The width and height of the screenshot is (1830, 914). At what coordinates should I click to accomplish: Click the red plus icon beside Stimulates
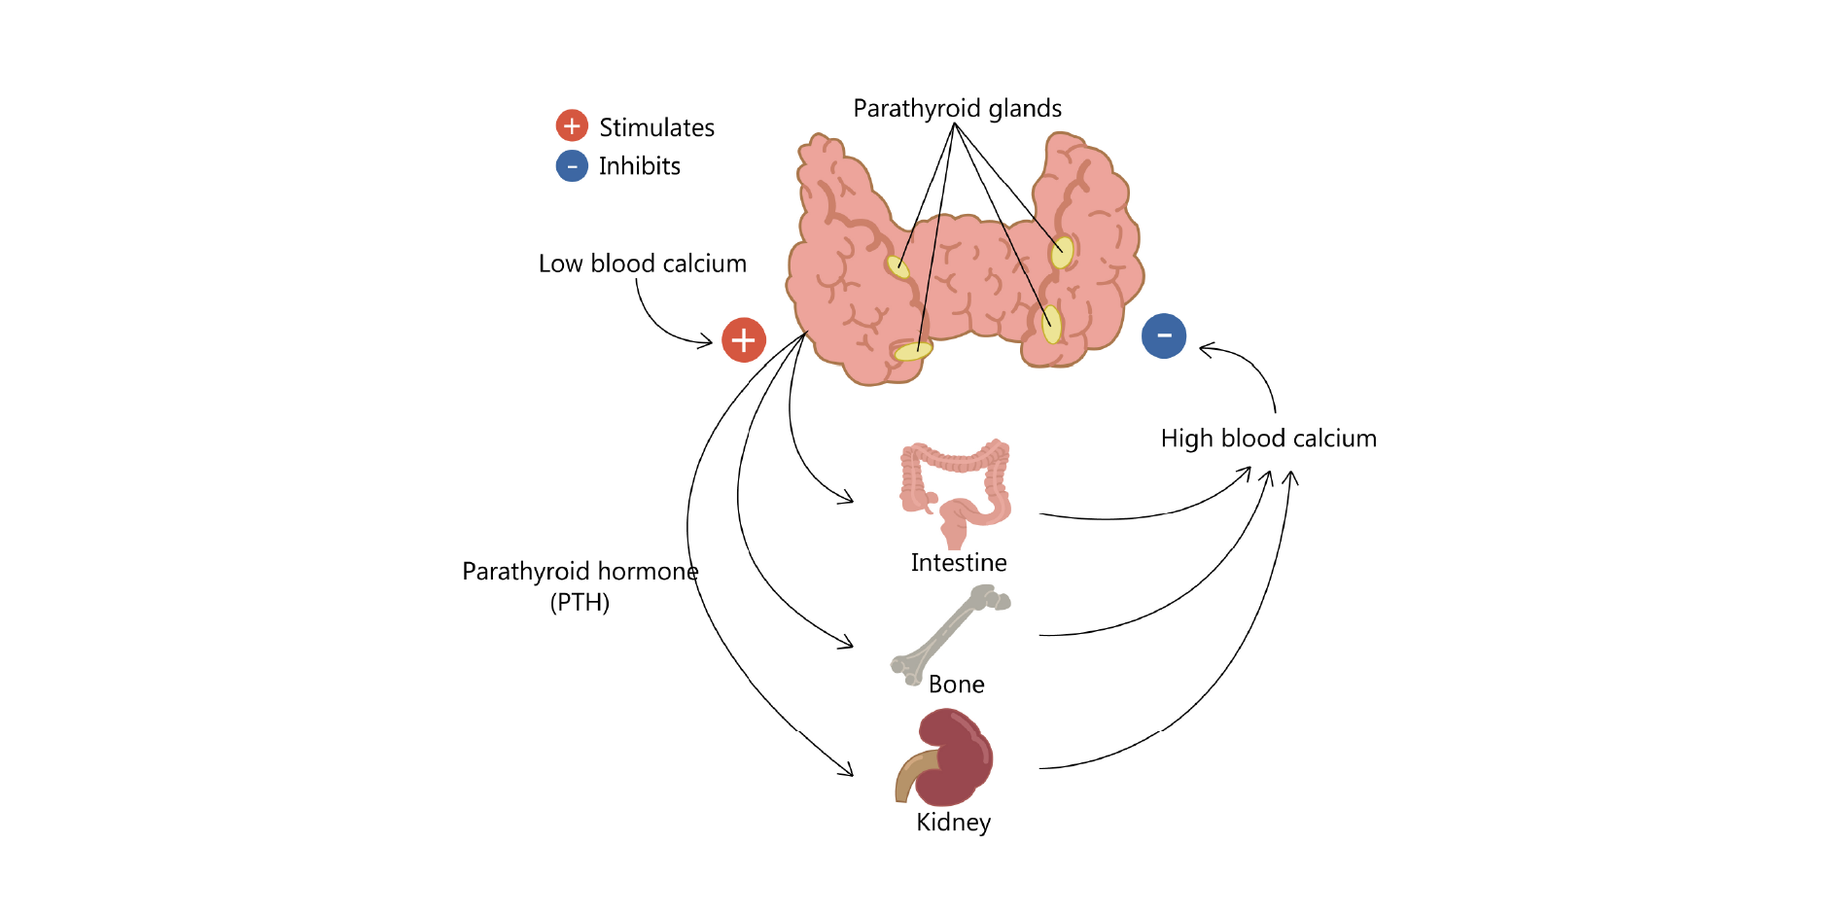(572, 125)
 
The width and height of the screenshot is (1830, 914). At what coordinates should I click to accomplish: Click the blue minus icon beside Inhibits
(572, 166)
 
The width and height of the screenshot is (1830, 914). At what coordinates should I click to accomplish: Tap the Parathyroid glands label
(957, 108)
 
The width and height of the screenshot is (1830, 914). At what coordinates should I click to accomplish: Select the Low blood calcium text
(642, 264)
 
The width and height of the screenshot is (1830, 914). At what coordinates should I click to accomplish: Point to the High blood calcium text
(1268, 439)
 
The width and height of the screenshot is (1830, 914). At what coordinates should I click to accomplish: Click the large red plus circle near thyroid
(744, 340)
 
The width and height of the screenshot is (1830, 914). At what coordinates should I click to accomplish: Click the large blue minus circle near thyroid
(1164, 336)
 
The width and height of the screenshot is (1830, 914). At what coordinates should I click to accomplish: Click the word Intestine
(958, 563)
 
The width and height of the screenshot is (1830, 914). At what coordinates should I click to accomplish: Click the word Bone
(956, 685)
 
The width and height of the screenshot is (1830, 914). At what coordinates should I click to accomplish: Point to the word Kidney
(953, 823)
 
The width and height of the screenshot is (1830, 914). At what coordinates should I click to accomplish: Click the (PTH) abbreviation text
(580, 603)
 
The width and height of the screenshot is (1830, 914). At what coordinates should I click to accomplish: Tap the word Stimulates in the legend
(656, 127)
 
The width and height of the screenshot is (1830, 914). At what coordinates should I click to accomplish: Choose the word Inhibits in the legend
(639, 166)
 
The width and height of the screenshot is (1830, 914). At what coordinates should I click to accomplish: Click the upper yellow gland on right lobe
(1062, 253)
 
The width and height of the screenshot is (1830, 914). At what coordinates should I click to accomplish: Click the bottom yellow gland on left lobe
(912, 351)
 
